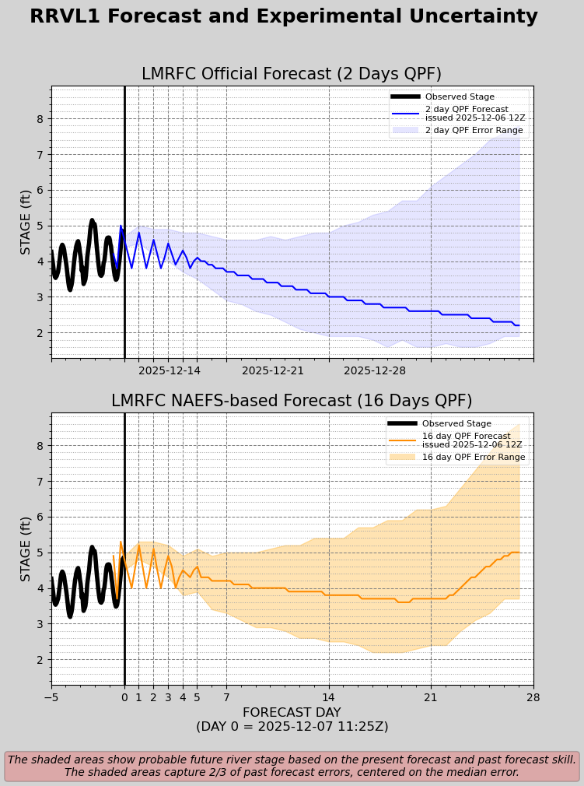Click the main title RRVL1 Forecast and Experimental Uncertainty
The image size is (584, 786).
pos(284,17)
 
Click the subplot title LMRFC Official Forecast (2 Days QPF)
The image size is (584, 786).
pos(292,75)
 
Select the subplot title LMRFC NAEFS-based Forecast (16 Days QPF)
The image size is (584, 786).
pos(292,402)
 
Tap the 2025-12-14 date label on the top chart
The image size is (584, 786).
pos(169,371)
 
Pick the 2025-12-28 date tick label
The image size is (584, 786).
pos(375,371)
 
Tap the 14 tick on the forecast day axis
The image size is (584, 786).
pos(329,698)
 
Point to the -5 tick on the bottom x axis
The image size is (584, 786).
pos(51,698)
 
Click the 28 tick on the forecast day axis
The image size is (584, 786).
pos(533,698)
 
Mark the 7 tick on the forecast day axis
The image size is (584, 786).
pos(226,698)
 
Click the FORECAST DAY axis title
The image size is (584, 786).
pos(292,713)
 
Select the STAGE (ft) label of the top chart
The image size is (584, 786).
pos(26,222)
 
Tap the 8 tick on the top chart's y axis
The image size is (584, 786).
pos(40,119)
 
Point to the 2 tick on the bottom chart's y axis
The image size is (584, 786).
pos(40,659)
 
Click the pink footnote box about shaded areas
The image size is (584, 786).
pos(292,766)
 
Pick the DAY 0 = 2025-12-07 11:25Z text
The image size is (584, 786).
pos(292,727)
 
